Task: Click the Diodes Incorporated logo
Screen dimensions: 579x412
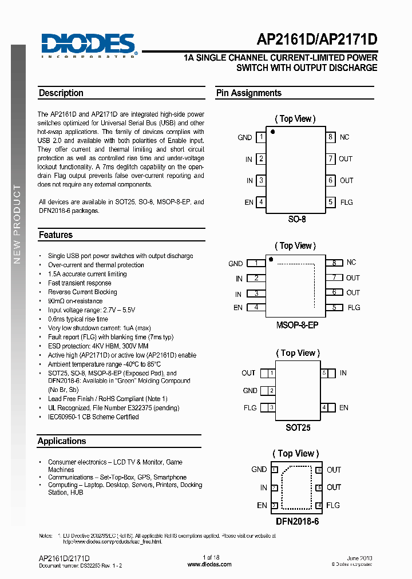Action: click(x=88, y=45)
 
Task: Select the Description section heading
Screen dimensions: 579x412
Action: click(x=61, y=93)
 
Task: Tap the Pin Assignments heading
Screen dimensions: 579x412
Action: click(x=249, y=93)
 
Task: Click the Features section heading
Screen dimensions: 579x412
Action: click(x=56, y=235)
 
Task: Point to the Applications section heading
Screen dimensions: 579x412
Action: click(x=62, y=441)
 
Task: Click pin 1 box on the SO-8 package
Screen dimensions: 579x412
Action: click(x=261, y=137)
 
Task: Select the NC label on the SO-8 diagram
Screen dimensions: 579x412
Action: click(x=344, y=137)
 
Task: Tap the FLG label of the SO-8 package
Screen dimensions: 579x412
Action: click(x=347, y=202)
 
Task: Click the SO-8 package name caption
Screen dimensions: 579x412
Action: click(x=296, y=219)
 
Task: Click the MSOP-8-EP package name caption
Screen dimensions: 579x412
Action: click(x=296, y=324)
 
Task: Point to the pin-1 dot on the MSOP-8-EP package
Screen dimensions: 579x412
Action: click(x=271, y=260)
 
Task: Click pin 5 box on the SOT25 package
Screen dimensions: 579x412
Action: click(x=324, y=373)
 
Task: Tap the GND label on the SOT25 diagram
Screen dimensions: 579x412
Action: click(x=250, y=391)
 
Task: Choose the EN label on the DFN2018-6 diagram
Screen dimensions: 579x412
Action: click(x=262, y=505)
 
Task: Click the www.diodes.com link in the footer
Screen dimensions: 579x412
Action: click(x=209, y=564)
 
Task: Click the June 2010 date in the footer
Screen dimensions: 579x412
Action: click(x=359, y=557)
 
